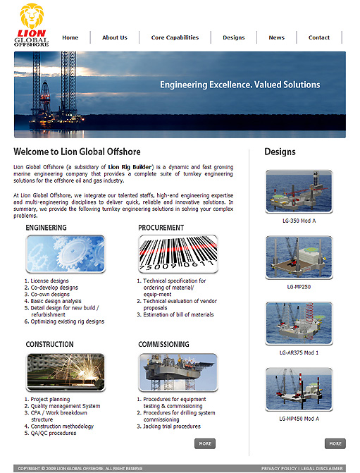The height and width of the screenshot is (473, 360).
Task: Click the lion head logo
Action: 32,16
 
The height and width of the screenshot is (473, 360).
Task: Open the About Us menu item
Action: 115,37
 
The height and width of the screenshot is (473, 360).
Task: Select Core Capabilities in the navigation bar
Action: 175,37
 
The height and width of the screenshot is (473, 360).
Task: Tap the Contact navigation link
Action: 319,37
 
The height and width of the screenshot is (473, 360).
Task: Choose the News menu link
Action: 276,37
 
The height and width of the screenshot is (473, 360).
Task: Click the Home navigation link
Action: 70,37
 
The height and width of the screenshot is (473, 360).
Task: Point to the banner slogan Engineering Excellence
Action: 206,85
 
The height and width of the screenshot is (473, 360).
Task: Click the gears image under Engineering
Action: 66,254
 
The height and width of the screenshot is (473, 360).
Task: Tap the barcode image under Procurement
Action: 178,254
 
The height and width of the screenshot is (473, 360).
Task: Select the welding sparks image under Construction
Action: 66,372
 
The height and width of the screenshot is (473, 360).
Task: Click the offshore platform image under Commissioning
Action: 178,372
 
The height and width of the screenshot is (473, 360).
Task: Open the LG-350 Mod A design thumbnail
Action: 299,192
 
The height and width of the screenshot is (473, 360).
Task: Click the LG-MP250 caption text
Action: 299,287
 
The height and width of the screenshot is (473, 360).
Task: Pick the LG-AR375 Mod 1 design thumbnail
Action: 299,324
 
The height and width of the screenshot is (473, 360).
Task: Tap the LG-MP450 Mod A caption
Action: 299,419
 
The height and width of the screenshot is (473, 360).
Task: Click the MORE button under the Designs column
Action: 335,443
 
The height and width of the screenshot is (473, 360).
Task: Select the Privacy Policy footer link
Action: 279,469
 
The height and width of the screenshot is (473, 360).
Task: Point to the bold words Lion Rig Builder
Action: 130,167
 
